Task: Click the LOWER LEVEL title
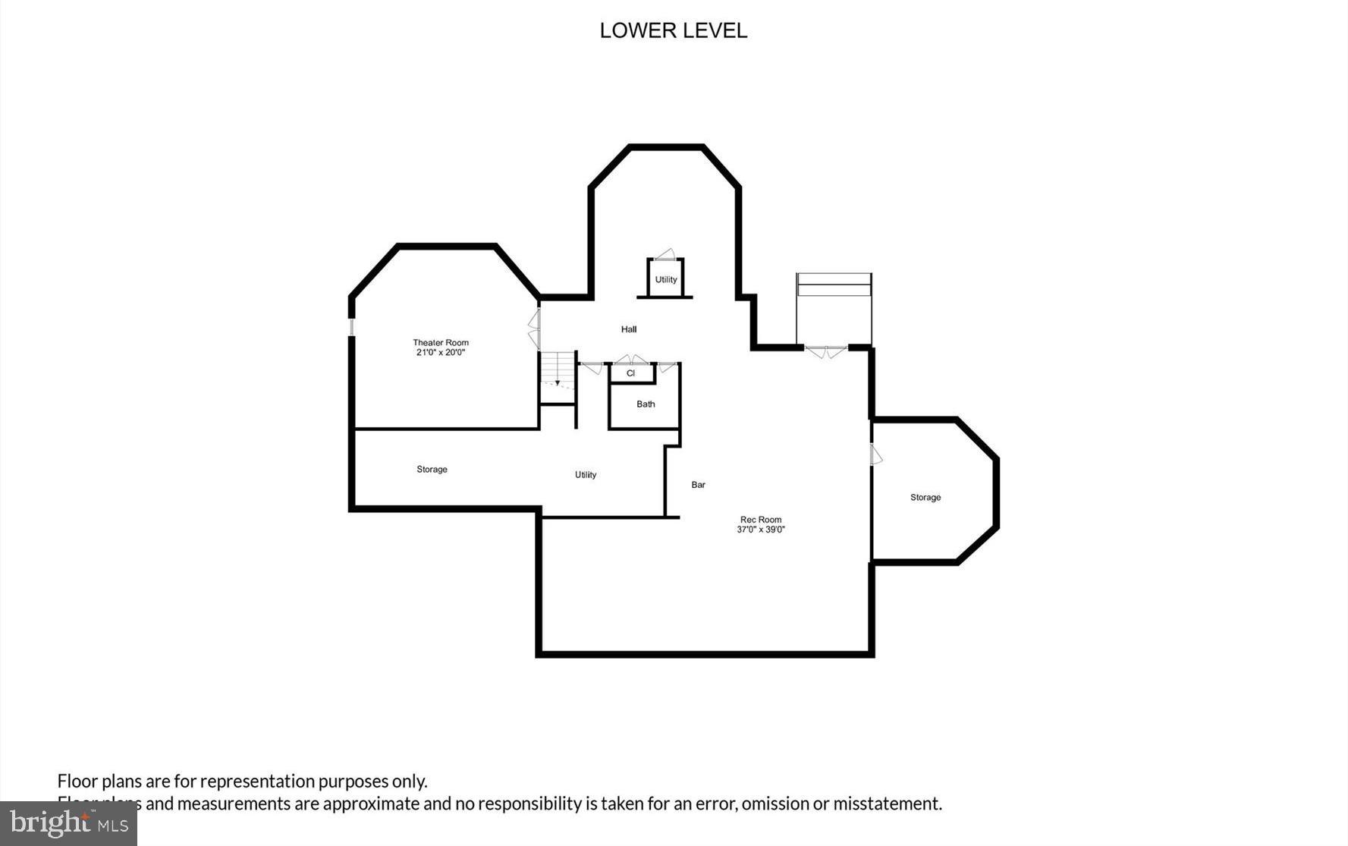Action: coord(673,30)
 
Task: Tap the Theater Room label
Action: coord(441,342)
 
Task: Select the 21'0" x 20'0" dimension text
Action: coord(441,352)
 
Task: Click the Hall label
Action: coord(629,329)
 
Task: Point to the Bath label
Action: coord(646,404)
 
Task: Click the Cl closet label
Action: coord(630,373)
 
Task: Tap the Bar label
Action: coord(698,485)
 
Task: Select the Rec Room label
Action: coord(761,520)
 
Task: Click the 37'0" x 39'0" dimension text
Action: coord(761,530)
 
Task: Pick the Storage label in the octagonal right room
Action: coord(925,498)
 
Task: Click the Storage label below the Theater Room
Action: coord(432,470)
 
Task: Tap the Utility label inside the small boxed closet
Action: coord(666,279)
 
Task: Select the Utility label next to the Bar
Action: coord(586,475)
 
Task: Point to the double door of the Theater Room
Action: coord(534,329)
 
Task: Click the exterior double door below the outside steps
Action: coord(825,351)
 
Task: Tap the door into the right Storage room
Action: coord(875,454)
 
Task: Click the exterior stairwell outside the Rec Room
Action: coord(834,307)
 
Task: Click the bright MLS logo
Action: coord(68,823)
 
